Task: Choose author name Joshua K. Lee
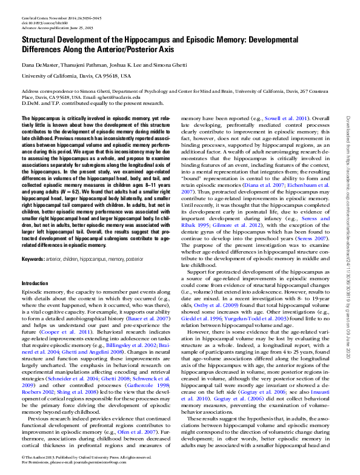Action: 126,64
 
